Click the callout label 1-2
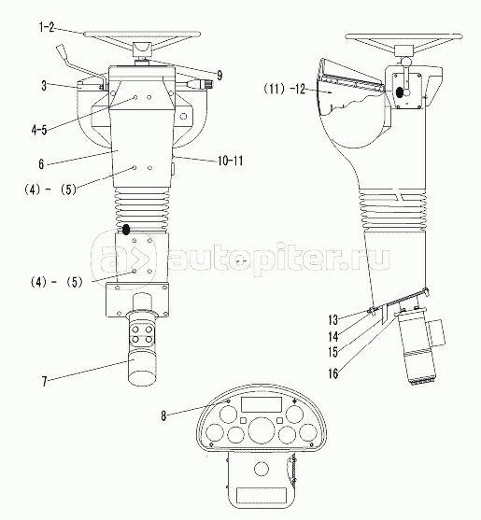[47, 27]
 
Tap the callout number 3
[44, 86]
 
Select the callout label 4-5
[39, 130]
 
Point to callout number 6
[41, 163]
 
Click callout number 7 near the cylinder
[45, 382]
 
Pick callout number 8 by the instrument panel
[163, 415]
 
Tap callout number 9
[219, 76]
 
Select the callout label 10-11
[231, 161]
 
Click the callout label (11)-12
[285, 89]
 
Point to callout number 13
[333, 320]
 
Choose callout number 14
[333, 337]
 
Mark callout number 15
[333, 352]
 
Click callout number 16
[333, 373]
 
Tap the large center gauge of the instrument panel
[262, 429]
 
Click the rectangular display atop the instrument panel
[262, 404]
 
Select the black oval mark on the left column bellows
[126, 230]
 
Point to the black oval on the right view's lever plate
[400, 92]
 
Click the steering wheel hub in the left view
[142, 50]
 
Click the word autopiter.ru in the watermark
[280, 259]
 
